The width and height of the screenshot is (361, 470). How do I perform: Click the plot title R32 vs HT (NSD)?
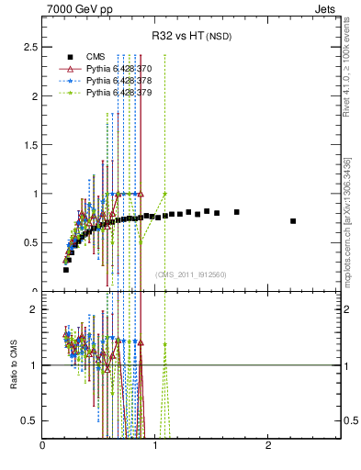(192, 37)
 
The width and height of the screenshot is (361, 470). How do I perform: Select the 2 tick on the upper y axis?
(33, 95)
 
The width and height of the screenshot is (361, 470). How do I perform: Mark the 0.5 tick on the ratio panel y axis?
(29, 420)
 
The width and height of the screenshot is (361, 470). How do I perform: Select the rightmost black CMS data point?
(293, 221)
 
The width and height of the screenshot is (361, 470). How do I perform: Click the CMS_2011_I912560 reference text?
(190, 274)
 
